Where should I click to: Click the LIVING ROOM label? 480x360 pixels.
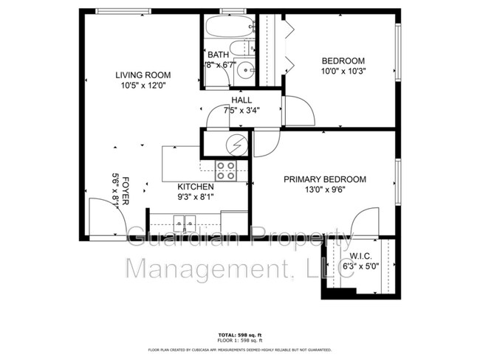pyautogui.click(x=143, y=75)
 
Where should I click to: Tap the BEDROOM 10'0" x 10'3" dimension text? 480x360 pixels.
pyautogui.click(x=343, y=72)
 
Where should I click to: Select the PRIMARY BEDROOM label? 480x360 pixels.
pyautogui.click(x=325, y=179)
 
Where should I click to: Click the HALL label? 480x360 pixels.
pyautogui.click(x=241, y=100)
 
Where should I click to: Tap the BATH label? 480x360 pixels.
pyautogui.click(x=218, y=55)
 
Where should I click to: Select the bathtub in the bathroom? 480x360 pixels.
pyautogui.click(x=227, y=28)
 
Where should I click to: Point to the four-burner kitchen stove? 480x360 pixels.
pyautogui.click(x=225, y=171)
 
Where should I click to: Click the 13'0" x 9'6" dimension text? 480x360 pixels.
pyautogui.click(x=325, y=189)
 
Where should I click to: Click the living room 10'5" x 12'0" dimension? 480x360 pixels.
pyautogui.click(x=143, y=85)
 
